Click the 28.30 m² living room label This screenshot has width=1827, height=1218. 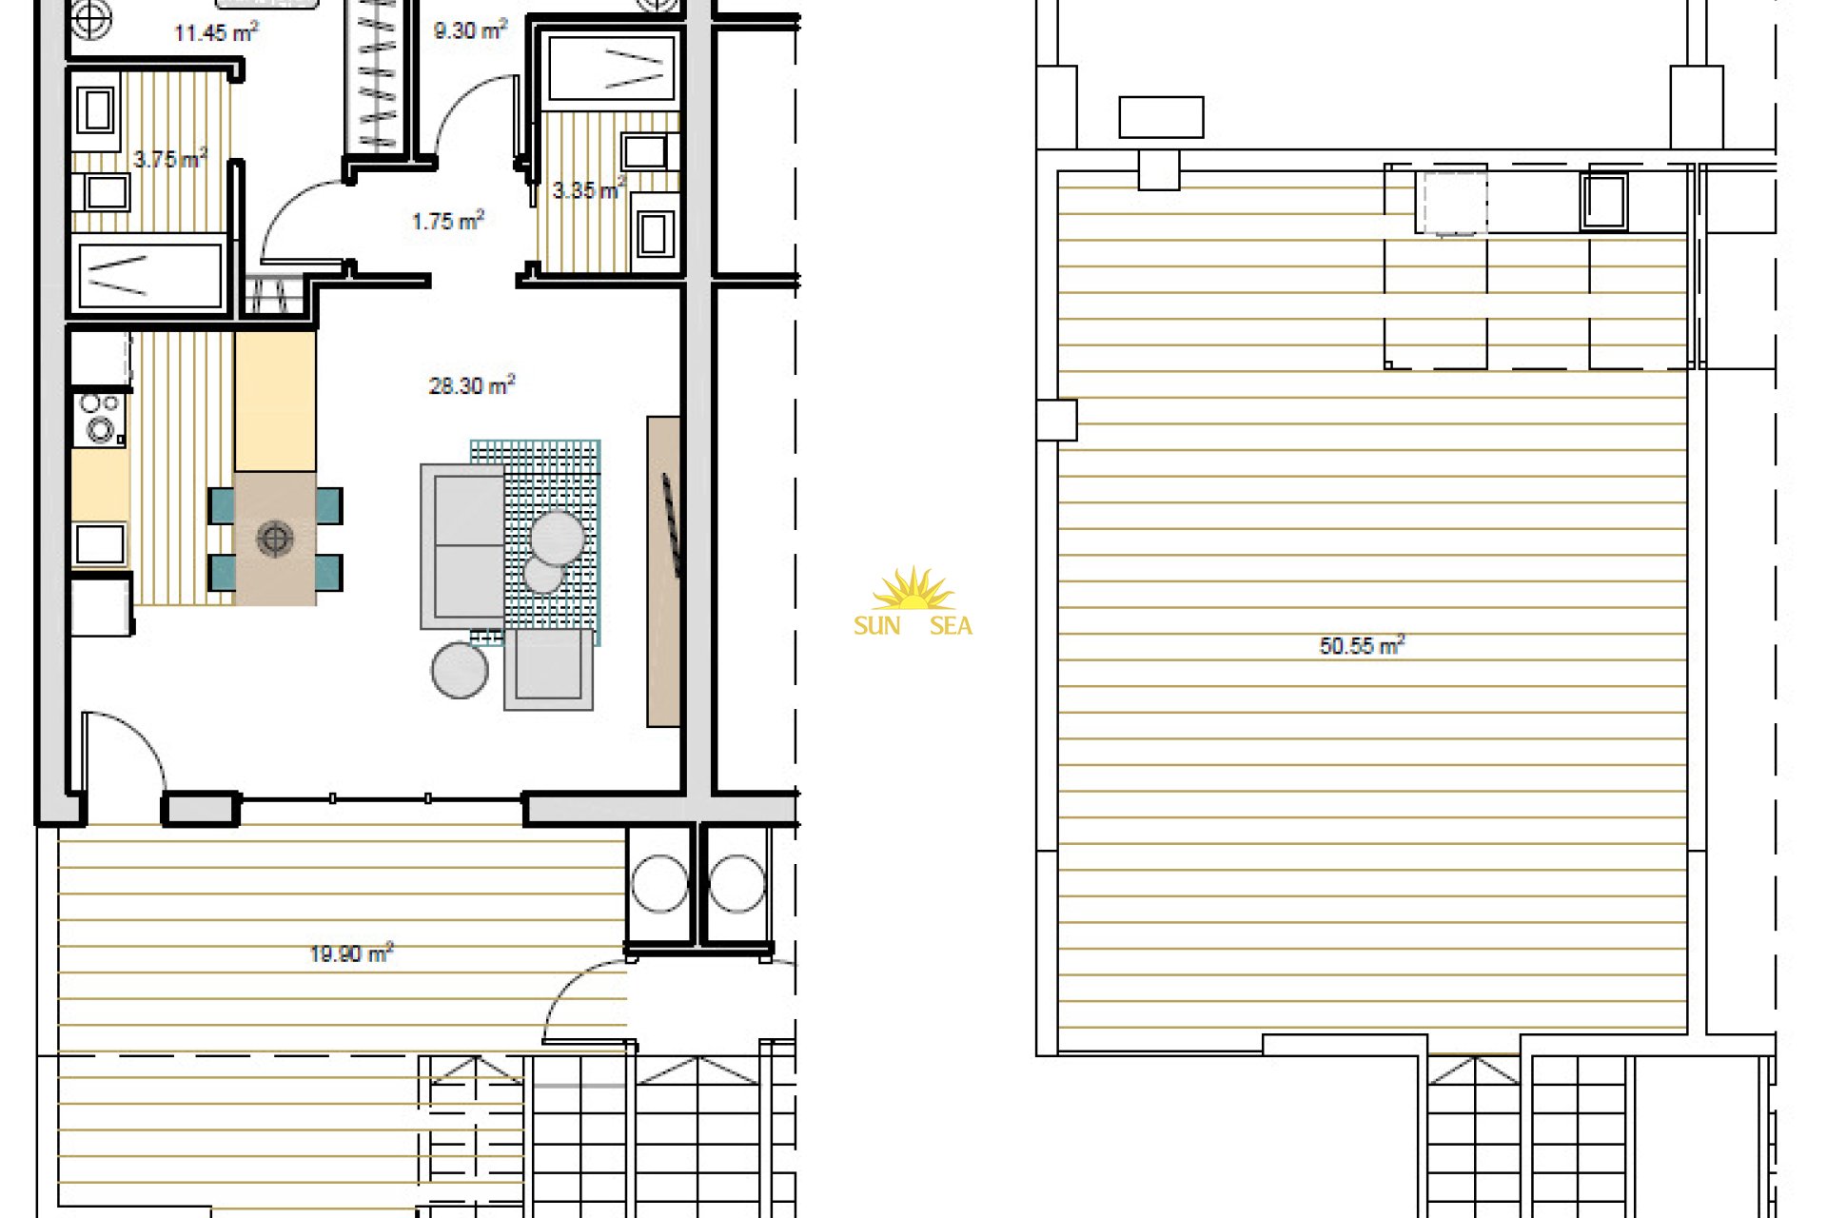[x=471, y=385]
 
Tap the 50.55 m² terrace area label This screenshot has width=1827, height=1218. [x=1362, y=646]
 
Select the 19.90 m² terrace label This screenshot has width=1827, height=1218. [x=351, y=953]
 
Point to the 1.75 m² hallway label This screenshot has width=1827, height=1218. [x=448, y=221]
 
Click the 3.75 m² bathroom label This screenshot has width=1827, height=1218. [x=169, y=159]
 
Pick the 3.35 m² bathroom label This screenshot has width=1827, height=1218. [x=589, y=189]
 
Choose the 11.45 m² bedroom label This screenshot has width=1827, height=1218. [x=216, y=32]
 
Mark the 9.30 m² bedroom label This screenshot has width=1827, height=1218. [x=470, y=30]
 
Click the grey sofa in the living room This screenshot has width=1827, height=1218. [x=463, y=546]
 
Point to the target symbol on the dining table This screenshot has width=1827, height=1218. [x=274, y=539]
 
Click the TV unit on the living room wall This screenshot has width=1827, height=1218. [x=663, y=571]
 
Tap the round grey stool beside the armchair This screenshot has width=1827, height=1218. [x=460, y=670]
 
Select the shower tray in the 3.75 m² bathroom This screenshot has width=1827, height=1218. [x=150, y=275]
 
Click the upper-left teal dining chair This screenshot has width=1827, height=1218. [x=221, y=505]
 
